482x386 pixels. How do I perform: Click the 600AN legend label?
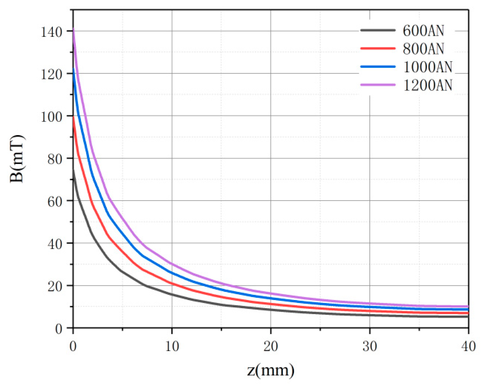tap(423, 31)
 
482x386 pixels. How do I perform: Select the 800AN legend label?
tap(423, 49)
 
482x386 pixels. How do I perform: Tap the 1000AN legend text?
tap(428, 67)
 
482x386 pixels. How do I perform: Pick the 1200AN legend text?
tap(428, 85)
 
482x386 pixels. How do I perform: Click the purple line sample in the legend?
tap(378, 85)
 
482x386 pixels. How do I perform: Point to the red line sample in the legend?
tap(378, 48)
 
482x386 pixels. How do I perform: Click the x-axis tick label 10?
tap(172, 346)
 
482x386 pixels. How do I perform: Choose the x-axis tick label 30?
tap(370, 346)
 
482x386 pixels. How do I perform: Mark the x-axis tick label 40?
tap(468, 346)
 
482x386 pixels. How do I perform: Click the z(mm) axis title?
tap(270, 370)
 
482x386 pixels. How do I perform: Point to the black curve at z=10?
tap(172, 294)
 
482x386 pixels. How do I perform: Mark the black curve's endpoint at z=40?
tap(468, 317)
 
